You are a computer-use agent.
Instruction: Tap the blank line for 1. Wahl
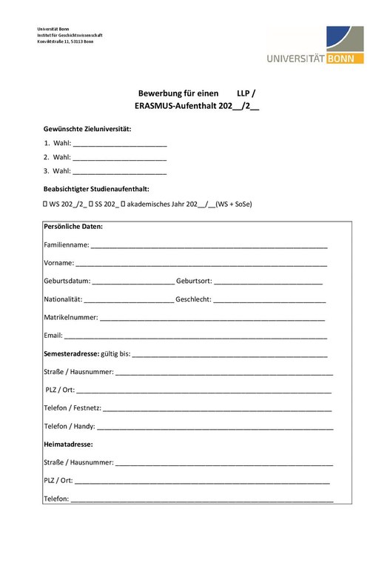pyautogui.click(x=119, y=143)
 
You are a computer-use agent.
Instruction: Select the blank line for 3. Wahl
pyautogui.click(x=119, y=171)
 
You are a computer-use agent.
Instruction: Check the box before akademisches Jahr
pyautogui.click(x=124, y=203)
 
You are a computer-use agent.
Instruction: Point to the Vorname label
pyautogui.click(x=58, y=262)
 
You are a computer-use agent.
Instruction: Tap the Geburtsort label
pyautogui.click(x=195, y=281)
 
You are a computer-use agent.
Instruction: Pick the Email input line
pyautogui.click(x=195, y=336)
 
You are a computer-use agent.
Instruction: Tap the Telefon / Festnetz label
pyautogui.click(x=73, y=408)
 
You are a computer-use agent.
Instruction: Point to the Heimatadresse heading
pyautogui.click(x=68, y=444)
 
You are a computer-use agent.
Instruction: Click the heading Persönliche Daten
pyautogui.click(x=73, y=226)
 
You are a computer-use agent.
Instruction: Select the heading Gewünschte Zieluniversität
pyautogui.click(x=87, y=129)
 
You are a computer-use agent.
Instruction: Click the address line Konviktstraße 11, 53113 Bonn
pyautogui.click(x=65, y=41)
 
